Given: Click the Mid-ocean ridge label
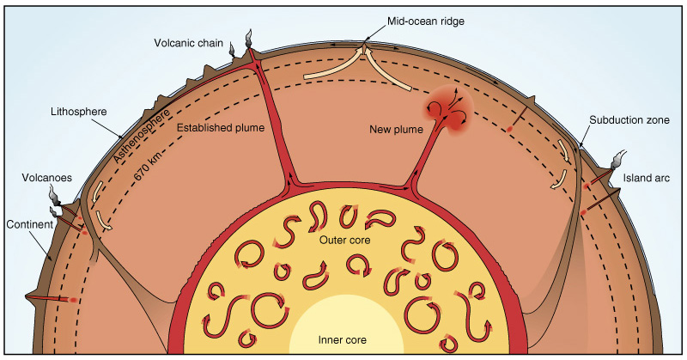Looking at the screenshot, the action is coord(425,21).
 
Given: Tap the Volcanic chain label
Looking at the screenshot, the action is coord(188,43).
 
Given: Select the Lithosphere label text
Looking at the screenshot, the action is coord(78,112).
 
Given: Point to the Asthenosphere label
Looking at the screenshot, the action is coord(141,137).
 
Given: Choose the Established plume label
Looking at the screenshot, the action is coord(221,128).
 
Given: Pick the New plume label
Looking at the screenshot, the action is coord(396,130).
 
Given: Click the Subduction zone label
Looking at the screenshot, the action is coord(629,119).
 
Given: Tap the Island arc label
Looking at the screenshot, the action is coord(647,178).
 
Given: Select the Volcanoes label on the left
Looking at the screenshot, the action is coord(47,178).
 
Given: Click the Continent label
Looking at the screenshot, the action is coord(29,224).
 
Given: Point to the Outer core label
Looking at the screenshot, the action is coord(345,241).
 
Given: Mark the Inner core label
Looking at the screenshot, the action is coord(342,340).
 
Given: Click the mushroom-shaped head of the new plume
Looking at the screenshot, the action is coord(447,109).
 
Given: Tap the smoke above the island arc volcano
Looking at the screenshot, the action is coord(617,159).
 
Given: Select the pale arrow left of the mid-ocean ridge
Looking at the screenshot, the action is coord(334,66).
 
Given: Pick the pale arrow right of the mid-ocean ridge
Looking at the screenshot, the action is coord(387,70).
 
